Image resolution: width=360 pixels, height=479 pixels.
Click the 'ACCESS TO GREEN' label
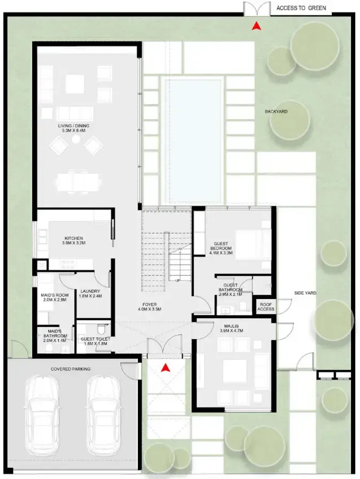pyautogui.click(x=301, y=9)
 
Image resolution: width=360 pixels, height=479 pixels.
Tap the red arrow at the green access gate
pyautogui.click(x=256, y=25)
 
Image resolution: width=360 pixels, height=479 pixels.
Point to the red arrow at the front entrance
pyautogui.click(x=166, y=367)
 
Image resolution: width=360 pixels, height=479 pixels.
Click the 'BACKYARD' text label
pyautogui.click(x=276, y=112)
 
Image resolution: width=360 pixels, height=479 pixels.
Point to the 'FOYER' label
pyautogui.click(x=150, y=306)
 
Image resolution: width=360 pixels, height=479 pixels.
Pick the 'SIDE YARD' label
pyautogui.click(x=306, y=293)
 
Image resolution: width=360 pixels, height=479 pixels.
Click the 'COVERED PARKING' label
pyautogui.click(x=71, y=368)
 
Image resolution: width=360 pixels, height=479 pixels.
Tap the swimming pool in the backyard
pyautogui.click(x=192, y=140)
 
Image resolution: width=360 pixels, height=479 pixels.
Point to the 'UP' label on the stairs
pyautogui.click(x=177, y=280)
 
